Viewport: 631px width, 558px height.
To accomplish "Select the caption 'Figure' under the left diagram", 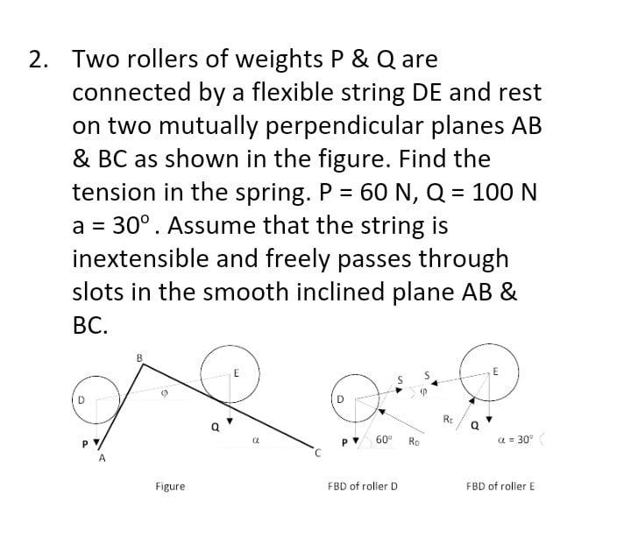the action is pos(170,485).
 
